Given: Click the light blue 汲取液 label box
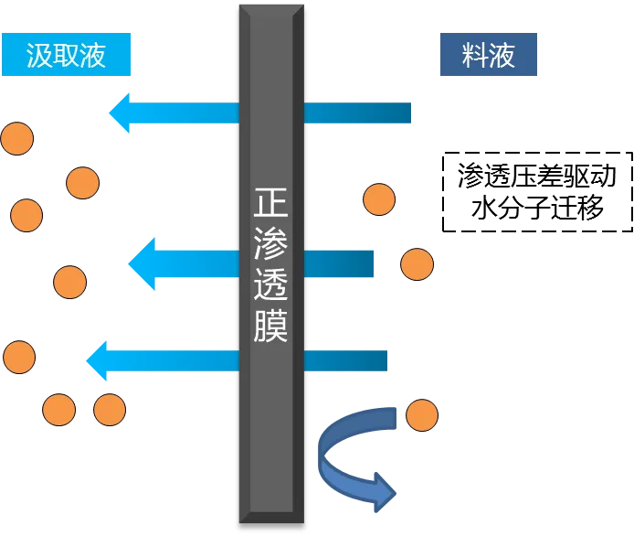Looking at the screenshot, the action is point(66,55).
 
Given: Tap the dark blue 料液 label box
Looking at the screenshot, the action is point(489,55).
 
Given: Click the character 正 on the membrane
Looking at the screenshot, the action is point(271,201).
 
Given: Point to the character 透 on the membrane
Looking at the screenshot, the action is point(271,285).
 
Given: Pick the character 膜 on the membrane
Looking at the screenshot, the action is point(271,327).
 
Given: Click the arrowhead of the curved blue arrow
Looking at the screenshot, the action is point(385,495).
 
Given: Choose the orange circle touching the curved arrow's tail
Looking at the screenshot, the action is point(421,415).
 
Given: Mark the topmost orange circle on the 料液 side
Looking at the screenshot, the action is point(379,199).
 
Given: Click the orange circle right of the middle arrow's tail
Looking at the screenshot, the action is point(417,264).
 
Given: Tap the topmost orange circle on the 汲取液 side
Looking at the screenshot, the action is point(16,139).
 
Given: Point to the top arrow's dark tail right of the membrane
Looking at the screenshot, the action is point(360,113).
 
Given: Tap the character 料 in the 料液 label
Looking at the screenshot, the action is point(474,55).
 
